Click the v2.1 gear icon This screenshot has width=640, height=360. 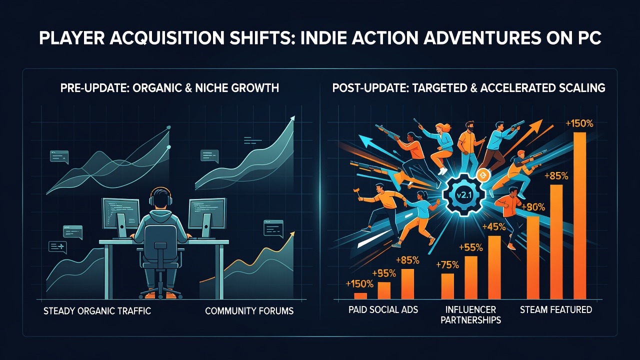pos(463,195)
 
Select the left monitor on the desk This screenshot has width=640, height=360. pos(121,217)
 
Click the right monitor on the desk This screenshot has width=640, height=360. pos(206,217)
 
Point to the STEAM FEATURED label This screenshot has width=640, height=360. pos(555,309)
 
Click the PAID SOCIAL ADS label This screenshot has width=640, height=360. pos(383,309)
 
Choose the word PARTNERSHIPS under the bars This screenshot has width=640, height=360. pos(470,320)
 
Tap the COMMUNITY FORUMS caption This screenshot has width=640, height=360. pos(249,311)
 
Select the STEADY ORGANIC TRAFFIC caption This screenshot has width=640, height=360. pos(97,311)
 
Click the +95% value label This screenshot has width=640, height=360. pos(384,273)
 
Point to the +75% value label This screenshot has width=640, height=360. pos(447,265)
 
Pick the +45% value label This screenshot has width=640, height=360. pos(494,227)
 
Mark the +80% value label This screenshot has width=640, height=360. pos(533,206)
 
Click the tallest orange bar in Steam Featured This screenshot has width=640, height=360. pos(579,215)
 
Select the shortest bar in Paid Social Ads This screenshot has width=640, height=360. pos(360,296)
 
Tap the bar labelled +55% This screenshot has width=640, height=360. pos(471,277)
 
